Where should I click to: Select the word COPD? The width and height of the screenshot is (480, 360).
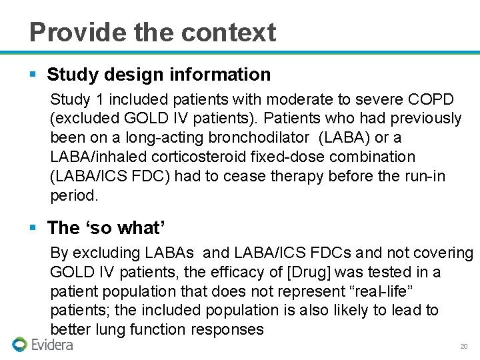click(x=430, y=99)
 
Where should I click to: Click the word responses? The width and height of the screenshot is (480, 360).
click(x=227, y=329)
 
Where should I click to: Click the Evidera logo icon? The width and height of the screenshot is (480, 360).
click(x=19, y=345)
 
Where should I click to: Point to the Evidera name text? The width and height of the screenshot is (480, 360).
click(x=52, y=345)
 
